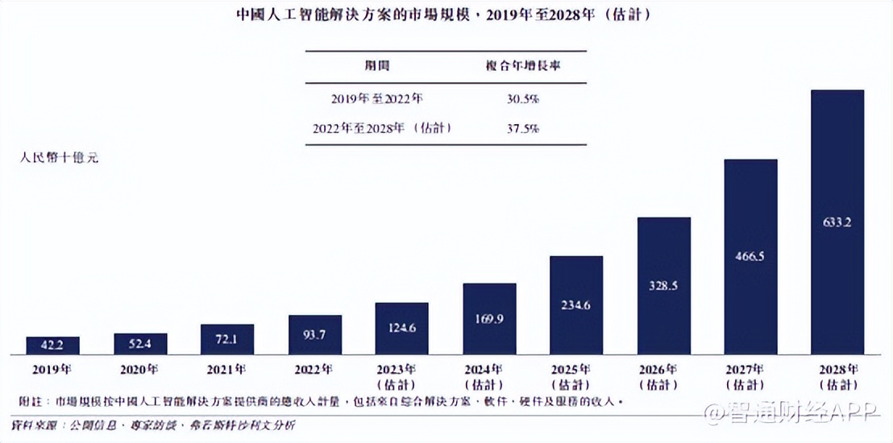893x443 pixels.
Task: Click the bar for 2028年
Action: click(837, 222)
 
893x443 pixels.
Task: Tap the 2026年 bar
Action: click(664, 286)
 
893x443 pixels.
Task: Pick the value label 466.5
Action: click(750, 256)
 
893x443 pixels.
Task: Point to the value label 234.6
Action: click(576, 304)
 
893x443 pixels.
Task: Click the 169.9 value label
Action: click(489, 319)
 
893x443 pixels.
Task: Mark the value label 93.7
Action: click(315, 335)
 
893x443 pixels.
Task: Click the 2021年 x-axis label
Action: click(227, 370)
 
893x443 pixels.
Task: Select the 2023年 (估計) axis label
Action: click(401, 376)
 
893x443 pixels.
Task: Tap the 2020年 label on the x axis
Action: click(140, 370)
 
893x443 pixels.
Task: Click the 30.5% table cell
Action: click(520, 99)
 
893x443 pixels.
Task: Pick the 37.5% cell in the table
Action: click(520, 128)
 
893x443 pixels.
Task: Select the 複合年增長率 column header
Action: click(520, 67)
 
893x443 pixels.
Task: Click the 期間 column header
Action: click(377, 67)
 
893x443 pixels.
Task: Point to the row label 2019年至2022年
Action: click(377, 99)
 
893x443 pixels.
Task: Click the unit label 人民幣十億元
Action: click(58, 159)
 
